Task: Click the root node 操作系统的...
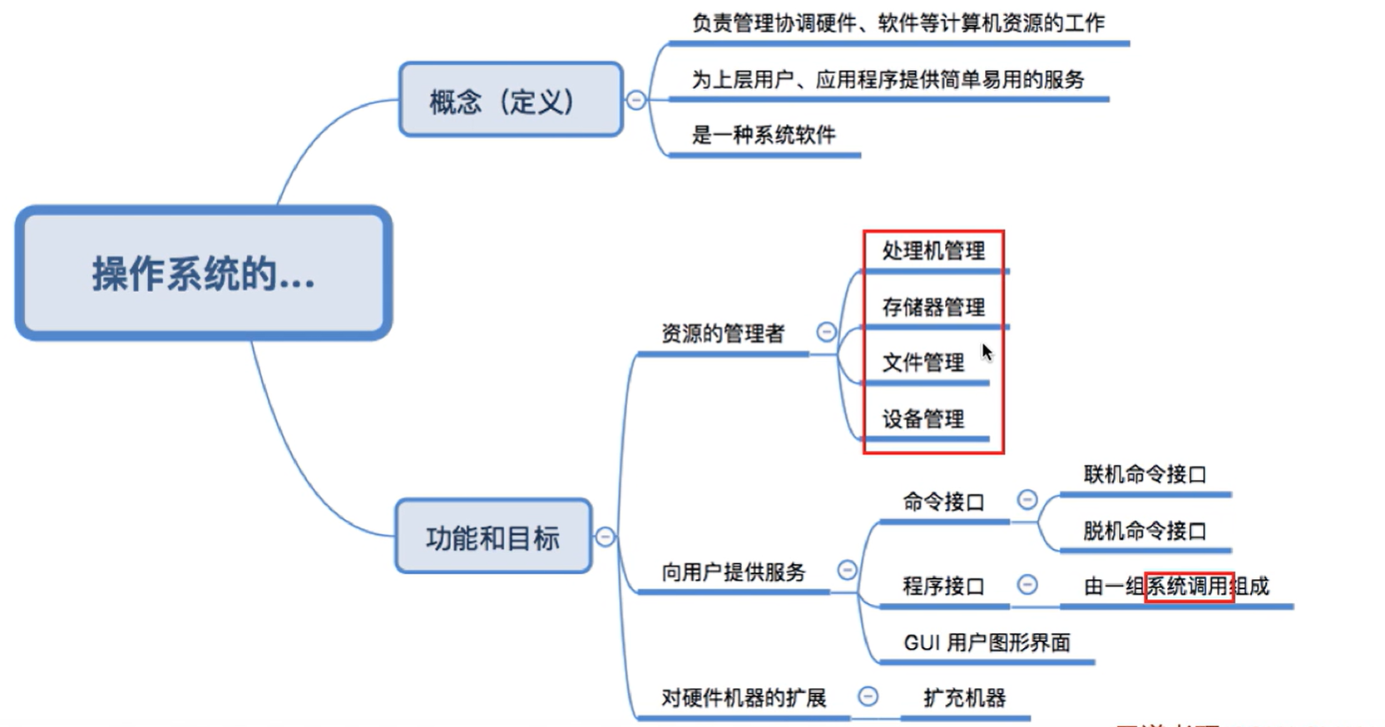pos(203,273)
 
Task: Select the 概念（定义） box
pos(510,100)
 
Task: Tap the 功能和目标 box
pos(492,537)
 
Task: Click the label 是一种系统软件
pos(763,135)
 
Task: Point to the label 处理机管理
pos(933,250)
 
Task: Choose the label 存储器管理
pos(933,307)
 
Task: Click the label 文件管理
pos(923,363)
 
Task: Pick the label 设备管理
pos(923,418)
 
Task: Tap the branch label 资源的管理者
pos(722,334)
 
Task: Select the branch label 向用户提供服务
pos(733,572)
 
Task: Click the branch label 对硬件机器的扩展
pos(743,697)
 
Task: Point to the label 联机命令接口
pos(1144,475)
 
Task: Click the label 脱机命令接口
pos(1144,531)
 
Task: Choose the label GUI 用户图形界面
pos(986,642)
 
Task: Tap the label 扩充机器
pos(964,697)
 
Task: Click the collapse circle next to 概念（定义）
pos(636,100)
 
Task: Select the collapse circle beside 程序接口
pos(1027,585)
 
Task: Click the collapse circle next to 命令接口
pos(1027,499)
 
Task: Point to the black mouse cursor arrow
pos(987,352)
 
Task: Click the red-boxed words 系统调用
pos(1188,586)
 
